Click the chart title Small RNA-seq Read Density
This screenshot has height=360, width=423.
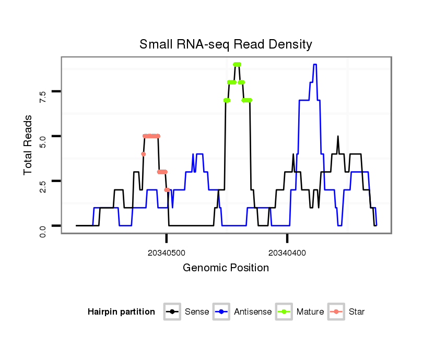tap(226, 44)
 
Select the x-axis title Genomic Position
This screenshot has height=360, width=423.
tap(226, 268)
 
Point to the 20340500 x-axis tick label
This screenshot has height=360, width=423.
tap(167, 253)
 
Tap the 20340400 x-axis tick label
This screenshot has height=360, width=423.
tap(287, 253)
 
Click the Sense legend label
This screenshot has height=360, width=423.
tap(197, 312)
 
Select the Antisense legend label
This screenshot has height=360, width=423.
tap(253, 312)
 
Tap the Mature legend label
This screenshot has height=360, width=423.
tap(310, 312)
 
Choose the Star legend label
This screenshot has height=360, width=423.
tap(357, 312)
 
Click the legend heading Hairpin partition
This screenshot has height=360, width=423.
tap(121, 312)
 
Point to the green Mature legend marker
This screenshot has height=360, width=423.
tap(284, 312)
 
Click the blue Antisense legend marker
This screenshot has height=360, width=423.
tap(221, 312)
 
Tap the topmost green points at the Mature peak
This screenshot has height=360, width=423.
tap(237, 64)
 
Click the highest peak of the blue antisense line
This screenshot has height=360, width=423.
tap(315, 65)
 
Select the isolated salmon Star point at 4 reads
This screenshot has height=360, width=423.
tap(143, 154)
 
